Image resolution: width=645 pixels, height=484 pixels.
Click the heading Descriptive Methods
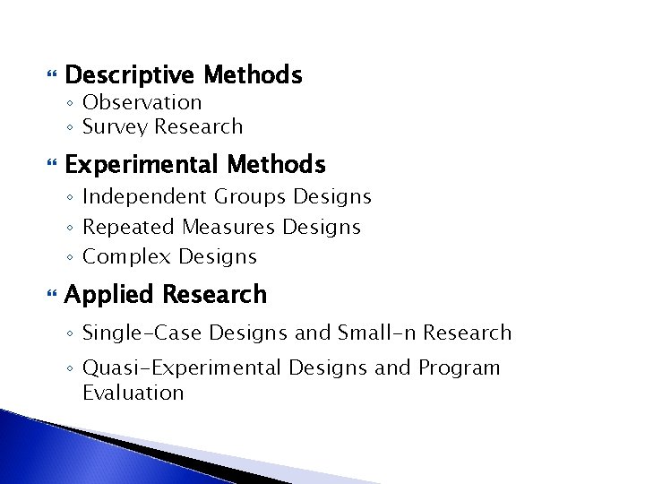pos(184,75)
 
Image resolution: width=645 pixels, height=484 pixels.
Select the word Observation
pos(142,103)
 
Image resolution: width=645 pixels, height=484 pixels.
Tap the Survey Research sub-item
pos(162,127)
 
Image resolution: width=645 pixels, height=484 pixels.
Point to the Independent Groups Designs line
pos(227,197)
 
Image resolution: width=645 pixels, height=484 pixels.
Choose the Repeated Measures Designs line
pos(221,228)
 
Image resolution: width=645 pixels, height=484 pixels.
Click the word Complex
pos(125,257)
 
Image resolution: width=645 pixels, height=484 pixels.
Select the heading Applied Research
pos(166,295)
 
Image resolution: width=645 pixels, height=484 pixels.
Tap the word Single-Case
pos(142,333)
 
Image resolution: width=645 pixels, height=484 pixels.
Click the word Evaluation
pos(133,393)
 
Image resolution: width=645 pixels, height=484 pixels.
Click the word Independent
pos(145,197)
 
